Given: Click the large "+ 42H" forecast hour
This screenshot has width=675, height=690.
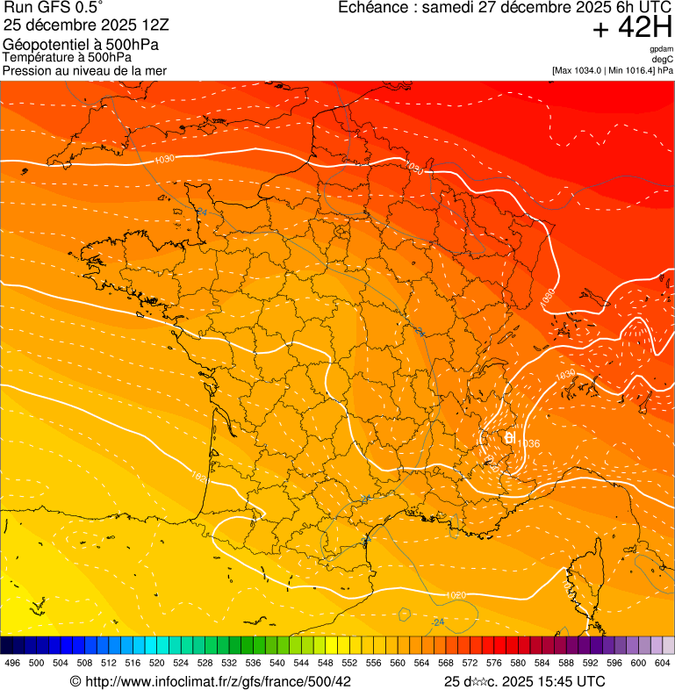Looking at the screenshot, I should (632, 29).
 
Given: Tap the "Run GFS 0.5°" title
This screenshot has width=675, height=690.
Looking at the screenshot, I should (54, 8).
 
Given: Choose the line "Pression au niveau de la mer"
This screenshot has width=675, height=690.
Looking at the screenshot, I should (84, 70).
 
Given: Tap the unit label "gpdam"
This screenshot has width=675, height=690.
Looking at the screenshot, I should (661, 49).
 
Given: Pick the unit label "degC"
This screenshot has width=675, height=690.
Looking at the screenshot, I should (664, 60).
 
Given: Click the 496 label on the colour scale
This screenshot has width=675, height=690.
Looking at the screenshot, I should (12, 663).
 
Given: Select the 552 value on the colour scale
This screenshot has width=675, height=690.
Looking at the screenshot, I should (349, 663).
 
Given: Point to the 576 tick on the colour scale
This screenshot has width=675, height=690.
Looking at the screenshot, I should (494, 663).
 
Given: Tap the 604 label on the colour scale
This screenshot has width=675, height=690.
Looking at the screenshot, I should (663, 663).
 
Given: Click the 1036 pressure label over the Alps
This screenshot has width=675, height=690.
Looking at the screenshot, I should (528, 443).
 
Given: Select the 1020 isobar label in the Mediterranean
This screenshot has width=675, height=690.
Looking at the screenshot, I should (456, 595).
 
